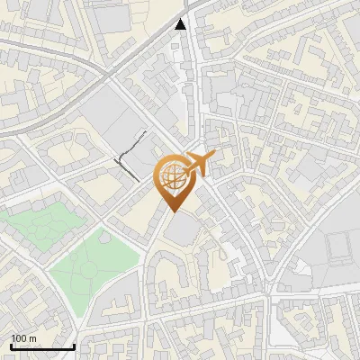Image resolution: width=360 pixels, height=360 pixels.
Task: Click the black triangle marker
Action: coord(182,24)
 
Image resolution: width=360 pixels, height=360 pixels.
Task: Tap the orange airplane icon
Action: coord(197,164)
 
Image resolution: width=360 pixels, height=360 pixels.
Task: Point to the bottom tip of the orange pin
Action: coord(175,212)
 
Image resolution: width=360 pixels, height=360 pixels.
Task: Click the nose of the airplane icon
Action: coord(213,157)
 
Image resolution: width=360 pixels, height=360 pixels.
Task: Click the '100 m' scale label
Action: coord(23,338)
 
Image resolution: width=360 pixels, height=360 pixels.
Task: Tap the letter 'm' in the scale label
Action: coord(33,338)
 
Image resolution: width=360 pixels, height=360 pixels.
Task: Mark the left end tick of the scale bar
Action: coord(11,346)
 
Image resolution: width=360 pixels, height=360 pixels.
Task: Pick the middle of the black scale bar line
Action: coord(42,347)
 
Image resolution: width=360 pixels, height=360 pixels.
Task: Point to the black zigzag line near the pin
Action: coord(130,153)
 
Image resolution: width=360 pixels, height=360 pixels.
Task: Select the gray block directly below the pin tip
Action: coord(183,229)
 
